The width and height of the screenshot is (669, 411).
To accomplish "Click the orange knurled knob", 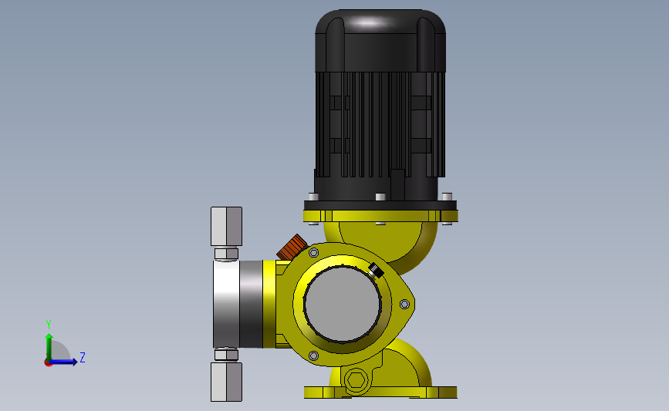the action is point(292,247).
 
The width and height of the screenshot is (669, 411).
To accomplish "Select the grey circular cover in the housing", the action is point(343,304).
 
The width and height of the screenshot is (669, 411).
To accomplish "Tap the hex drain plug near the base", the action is point(356,379).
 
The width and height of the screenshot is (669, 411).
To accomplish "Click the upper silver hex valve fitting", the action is point(226,227).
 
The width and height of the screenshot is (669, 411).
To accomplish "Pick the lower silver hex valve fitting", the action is point(226,382).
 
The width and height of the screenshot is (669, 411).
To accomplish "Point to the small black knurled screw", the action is point(376,270).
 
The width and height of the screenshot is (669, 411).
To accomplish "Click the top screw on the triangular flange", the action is point(313,253).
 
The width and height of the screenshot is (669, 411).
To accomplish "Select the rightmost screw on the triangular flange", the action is point(404,304).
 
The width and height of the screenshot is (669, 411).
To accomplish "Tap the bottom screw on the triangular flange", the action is point(313,355).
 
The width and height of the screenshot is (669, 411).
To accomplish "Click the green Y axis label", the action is point(49,325).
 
